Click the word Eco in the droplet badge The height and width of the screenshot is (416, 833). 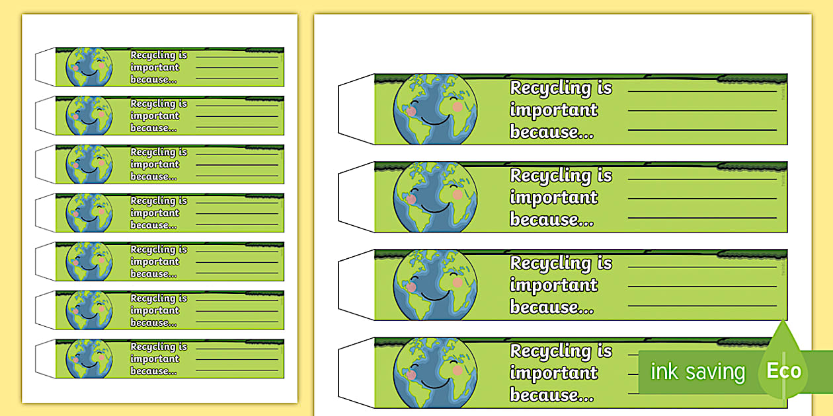click(x=783, y=371)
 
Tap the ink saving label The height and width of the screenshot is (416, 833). click(x=697, y=372)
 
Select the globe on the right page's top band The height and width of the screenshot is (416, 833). click(x=435, y=109)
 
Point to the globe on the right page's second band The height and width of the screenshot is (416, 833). click(x=435, y=197)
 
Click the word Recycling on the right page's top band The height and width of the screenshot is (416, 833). click(x=551, y=88)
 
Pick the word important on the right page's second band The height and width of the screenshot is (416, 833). click(x=553, y=197)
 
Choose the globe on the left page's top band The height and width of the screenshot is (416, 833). click(x=89, y=67)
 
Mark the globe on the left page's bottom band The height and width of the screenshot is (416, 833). click(x=89, y=359)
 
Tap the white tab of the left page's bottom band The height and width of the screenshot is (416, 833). click(x=46, y=359)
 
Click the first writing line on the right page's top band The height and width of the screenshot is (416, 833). click(x=701, y=91)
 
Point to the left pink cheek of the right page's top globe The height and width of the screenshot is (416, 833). click(x=411, y=111)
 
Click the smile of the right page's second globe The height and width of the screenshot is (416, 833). click(x=434, y=209)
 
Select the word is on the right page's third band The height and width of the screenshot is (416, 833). click(x=604, y=263)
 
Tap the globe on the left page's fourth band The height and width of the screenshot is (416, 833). click(x=89, y=213)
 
